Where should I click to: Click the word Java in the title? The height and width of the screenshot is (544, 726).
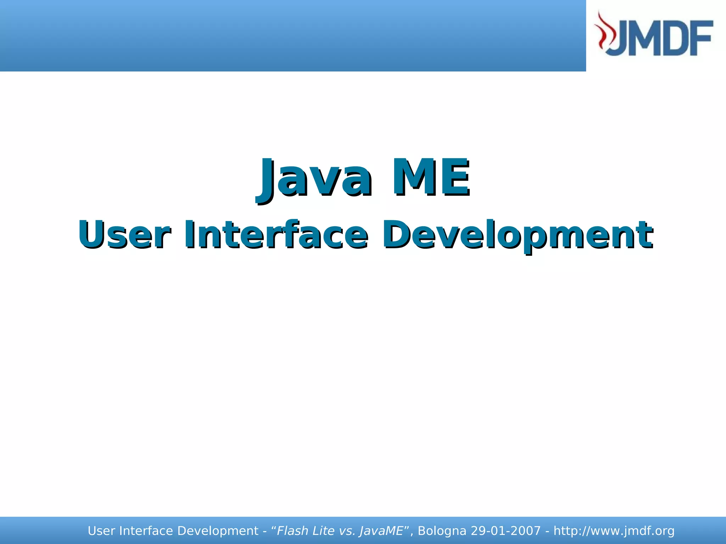[314, 179]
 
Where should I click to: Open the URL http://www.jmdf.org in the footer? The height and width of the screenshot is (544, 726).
[614, 531]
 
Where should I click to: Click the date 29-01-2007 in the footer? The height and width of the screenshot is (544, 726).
[506, 531]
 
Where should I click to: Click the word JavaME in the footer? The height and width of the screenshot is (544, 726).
[381, 531]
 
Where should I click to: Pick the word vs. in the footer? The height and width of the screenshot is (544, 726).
[347, 531]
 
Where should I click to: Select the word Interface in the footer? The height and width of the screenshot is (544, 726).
[146, 531]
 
